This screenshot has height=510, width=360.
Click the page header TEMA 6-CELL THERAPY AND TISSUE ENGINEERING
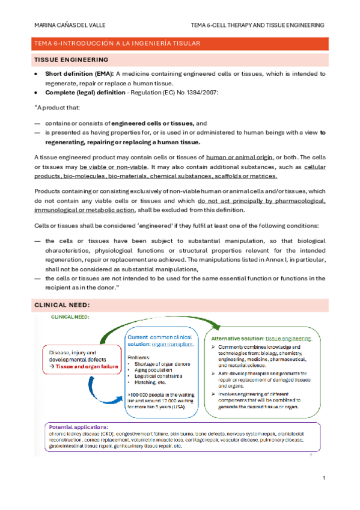(257, 25)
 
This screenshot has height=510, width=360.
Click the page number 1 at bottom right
(323, 478)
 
